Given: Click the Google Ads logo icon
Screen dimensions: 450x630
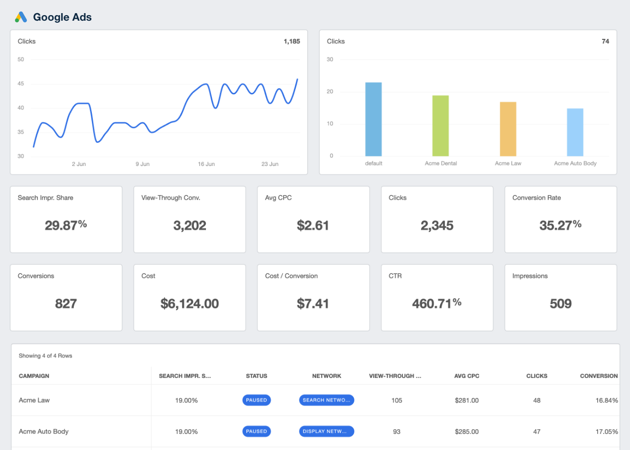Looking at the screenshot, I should pos(21,17).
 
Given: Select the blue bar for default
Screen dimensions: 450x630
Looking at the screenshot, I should pos(374,120).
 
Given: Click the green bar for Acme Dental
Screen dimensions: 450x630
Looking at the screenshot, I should pos(440,126).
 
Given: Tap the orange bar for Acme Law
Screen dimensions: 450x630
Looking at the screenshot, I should pos(508,129).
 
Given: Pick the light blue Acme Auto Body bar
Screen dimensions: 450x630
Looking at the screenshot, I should pos(575,132).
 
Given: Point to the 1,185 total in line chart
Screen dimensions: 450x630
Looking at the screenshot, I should pos(292,41).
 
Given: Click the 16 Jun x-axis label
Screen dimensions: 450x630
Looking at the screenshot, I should pos(206,164).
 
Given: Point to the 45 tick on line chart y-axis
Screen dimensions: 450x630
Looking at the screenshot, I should pos(21,84).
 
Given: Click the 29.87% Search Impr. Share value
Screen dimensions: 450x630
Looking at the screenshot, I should pos(66,225).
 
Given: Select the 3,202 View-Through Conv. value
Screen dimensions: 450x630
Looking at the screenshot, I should pos(189,225).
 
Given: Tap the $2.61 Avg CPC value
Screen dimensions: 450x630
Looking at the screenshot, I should pos(313,225).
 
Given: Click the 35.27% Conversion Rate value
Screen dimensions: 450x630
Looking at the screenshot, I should pos(560,225).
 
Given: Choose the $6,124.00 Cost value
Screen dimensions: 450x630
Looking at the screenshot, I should pos(189,303).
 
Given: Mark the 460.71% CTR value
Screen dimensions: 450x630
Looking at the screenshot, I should pos(437,303).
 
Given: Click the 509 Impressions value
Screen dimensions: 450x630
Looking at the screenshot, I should pos(560,303).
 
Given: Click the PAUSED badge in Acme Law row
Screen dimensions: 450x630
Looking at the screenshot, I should pos(256,400).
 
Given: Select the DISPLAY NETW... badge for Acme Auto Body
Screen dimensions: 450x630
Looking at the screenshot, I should pos(326,431).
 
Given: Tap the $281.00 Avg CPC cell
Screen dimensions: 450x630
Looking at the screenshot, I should pos(466,400).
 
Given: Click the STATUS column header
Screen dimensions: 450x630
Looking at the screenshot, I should pos(256,376).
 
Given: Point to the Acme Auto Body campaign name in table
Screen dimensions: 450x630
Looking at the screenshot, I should pos(43,431).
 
